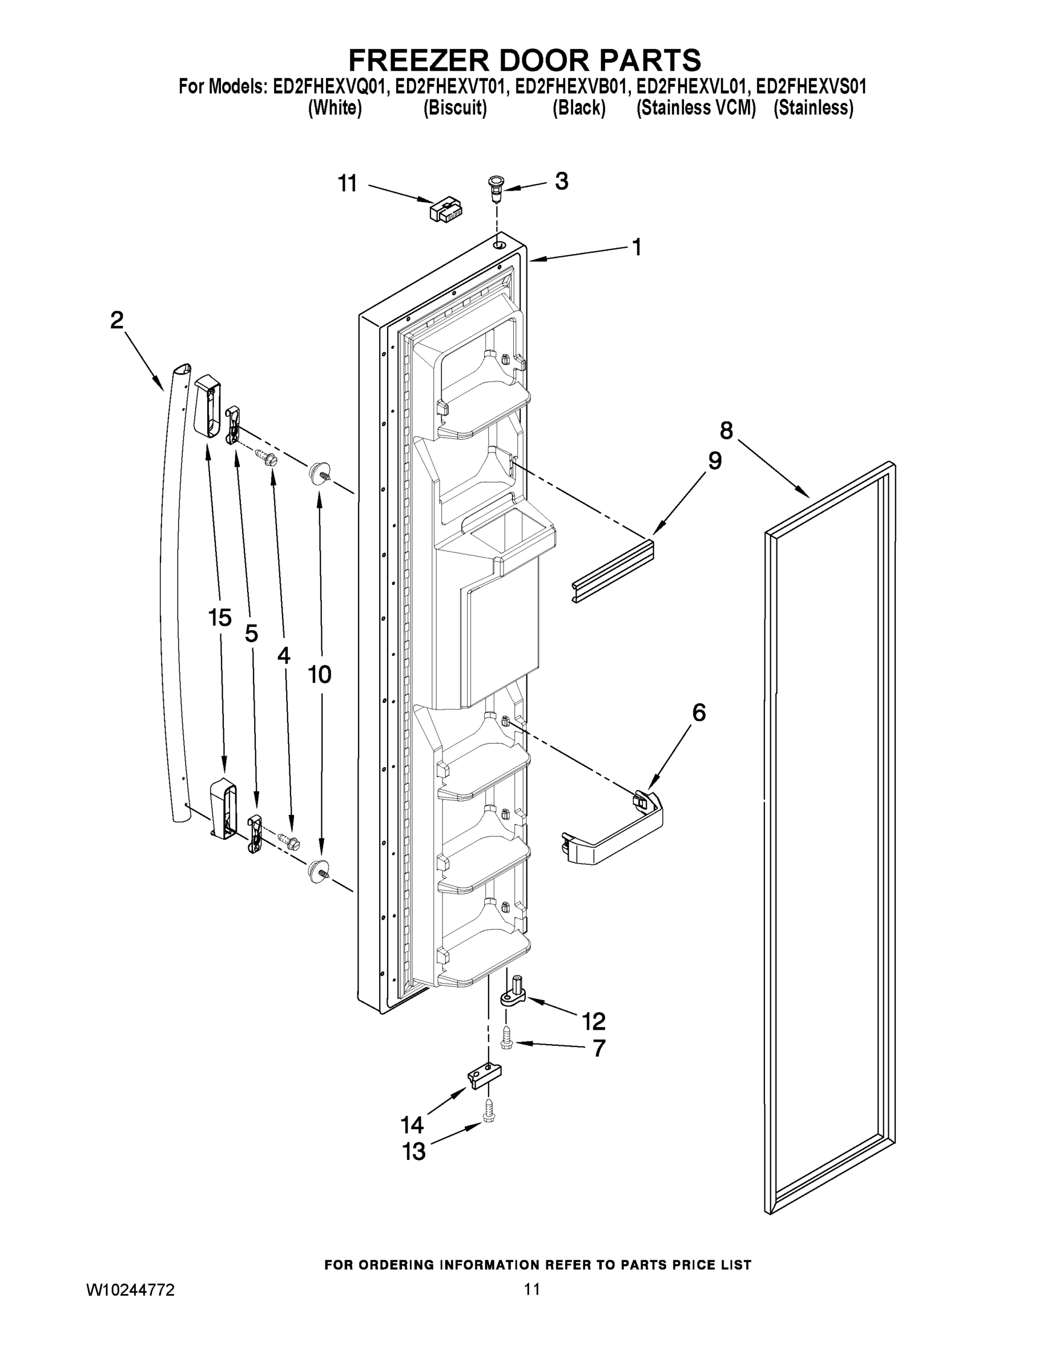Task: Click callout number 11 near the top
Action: pyautogui.click(x=348, y=184)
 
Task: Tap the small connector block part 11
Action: pyautogui.click(x=446, y=209)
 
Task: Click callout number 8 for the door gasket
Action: pyautogui.click(x=726, y=430)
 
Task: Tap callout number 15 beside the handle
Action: pyautogui.click(x=220, y=618)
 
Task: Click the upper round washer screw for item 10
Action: pyautogui.click(x=320, y=470)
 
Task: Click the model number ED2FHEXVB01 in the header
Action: pyautogui.click(x=570, y=87)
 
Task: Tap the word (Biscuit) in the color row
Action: pyautogui.click(x=455, y=108)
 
